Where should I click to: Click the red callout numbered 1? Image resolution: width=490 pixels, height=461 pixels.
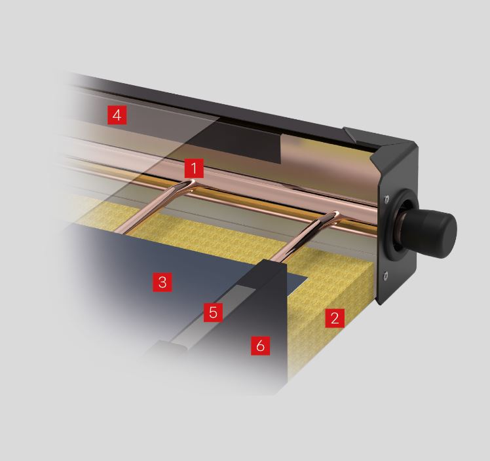194,168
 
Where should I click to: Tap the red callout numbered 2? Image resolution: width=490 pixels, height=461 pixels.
335,318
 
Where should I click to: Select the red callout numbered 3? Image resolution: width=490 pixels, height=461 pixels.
162,282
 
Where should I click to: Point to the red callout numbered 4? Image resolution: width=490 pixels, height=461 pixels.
117,115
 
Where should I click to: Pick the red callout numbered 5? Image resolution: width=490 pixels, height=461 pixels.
213,312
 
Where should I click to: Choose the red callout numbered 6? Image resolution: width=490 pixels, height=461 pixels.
260,346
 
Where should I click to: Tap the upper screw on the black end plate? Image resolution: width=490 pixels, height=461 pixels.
388,198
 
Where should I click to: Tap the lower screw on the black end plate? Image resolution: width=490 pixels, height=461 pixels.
386,275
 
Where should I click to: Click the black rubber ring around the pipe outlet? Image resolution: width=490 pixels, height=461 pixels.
394,228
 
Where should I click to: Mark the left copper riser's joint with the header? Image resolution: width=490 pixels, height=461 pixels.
190,183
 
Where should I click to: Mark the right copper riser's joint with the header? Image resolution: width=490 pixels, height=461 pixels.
334,215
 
